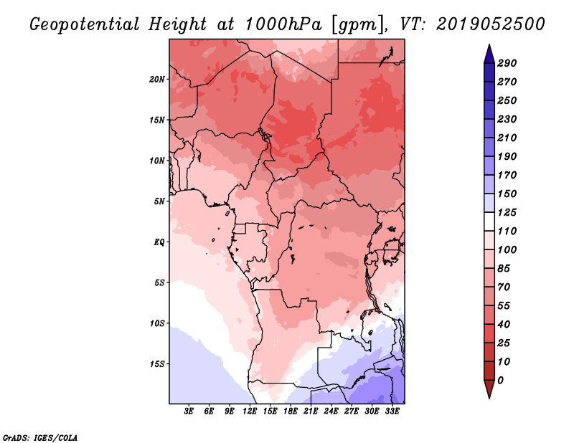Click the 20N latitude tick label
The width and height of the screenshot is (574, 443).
157,79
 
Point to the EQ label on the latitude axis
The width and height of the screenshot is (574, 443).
159,242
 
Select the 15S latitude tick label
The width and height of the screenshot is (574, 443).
157,364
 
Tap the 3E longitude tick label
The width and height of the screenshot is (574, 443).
189,411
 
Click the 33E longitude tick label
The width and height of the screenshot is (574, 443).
392,411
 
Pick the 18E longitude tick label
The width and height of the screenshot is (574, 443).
291,411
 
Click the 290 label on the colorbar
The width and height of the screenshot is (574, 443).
507,63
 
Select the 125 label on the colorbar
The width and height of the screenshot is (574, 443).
507,212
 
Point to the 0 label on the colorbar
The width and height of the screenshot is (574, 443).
501,381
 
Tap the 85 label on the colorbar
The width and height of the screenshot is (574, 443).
504,269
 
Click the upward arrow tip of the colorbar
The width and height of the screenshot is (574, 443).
489,44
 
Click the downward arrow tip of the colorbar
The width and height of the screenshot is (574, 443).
489,398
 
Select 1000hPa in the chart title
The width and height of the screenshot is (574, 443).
283,24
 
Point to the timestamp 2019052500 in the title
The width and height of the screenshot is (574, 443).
491,24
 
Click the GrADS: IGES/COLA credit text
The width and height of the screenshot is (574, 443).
40,438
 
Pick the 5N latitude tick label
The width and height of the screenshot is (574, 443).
159,201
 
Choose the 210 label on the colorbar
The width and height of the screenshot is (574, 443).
507,138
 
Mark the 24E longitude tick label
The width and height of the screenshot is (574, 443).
331,411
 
